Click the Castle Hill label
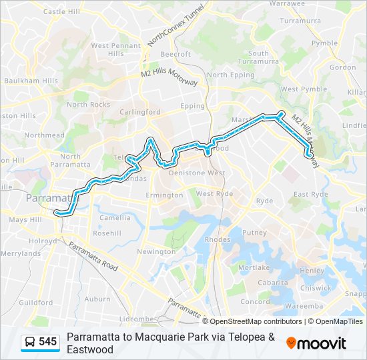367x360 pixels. coord(63,11)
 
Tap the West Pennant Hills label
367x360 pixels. coord(116,49)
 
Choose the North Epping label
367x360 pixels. coord(226,75)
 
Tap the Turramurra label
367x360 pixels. coord(300,21)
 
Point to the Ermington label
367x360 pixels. coord(164,195)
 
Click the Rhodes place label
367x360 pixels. coord(218,239)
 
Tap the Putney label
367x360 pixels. coord(254,233)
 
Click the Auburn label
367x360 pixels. coord(97,299)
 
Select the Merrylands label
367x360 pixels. coord(21,253)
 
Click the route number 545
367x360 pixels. coord(47,342)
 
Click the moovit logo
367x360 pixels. coord(316,343)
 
